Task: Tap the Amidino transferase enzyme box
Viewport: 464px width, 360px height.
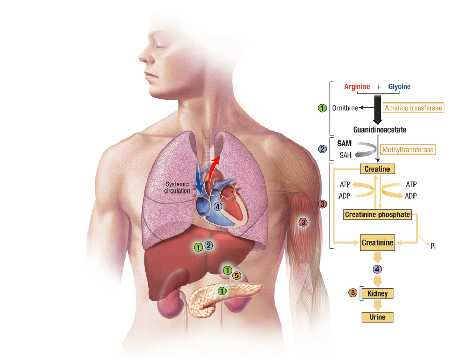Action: coord(413,108)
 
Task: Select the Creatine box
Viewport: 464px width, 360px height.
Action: coord(377,169)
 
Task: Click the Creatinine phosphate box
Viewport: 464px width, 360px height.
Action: coord(378,214)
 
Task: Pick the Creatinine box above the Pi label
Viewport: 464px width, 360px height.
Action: coord(378,242)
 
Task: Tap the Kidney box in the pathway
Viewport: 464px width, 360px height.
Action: coord(378,293)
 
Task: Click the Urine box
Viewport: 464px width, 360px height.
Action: coord(378,316)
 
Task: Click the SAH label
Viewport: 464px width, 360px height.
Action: coord(345,155)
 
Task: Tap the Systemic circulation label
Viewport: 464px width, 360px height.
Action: coord(178,187)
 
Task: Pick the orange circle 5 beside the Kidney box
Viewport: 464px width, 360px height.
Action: coord(353,293)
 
